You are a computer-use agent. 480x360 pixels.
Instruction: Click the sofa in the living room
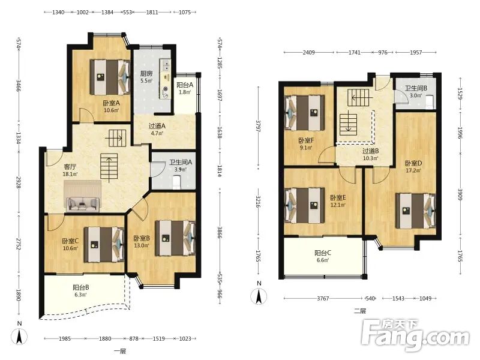82,203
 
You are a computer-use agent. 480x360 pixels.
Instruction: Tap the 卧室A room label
111,103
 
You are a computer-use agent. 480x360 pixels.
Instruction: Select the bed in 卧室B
175,238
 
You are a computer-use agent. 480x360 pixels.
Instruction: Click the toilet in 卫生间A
177,182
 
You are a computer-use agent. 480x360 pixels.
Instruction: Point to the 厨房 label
146,73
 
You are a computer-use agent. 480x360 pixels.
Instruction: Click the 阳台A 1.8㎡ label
185,88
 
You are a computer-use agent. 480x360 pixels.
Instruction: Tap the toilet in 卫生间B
430,102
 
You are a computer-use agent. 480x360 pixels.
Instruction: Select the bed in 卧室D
415,211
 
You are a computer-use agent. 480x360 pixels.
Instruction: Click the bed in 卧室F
304,113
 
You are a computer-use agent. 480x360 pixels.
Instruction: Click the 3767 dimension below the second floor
323,298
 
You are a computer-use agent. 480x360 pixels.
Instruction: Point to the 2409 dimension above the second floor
308,52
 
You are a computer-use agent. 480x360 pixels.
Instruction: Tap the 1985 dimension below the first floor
65,338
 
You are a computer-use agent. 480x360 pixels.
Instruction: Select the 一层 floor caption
120,351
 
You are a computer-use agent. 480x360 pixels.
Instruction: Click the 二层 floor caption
360,311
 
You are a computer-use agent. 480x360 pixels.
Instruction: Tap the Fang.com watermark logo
415,335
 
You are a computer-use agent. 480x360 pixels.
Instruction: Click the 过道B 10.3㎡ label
371,154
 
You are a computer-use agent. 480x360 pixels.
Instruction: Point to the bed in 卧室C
104,244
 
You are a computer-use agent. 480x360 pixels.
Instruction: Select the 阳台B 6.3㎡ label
81,291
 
